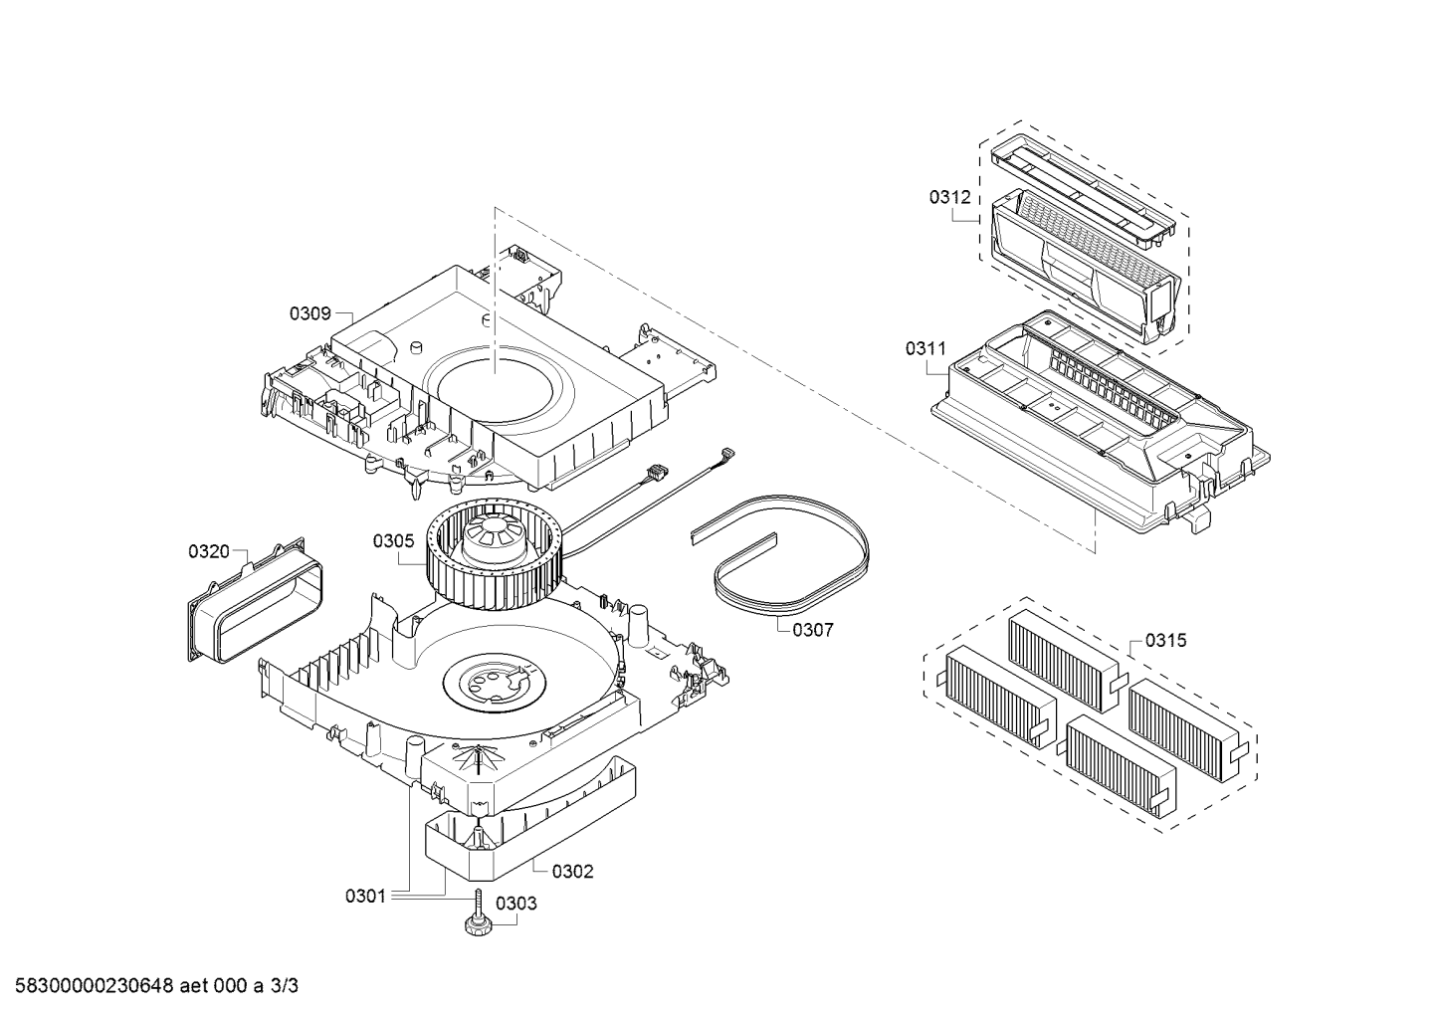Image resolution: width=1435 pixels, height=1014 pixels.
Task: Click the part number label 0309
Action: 310,313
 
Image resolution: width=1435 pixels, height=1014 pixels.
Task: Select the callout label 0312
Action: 950,197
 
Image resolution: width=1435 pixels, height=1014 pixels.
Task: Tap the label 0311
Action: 925,348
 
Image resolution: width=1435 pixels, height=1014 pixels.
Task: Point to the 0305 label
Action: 393,541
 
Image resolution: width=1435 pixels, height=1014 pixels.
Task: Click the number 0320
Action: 209,551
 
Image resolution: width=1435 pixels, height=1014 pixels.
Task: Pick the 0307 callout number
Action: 813,630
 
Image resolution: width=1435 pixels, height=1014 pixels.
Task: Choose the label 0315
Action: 1166,641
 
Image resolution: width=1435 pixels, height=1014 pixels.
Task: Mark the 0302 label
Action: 573,871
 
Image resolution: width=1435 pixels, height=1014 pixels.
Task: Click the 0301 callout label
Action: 366,897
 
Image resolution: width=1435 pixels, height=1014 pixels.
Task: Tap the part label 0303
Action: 516,904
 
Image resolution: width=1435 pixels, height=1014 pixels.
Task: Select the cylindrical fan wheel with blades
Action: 493,551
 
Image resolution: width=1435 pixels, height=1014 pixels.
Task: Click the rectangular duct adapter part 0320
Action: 256,600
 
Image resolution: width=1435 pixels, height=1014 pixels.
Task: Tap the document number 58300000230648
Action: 94,986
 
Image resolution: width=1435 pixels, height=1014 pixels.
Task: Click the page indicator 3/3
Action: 285,986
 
